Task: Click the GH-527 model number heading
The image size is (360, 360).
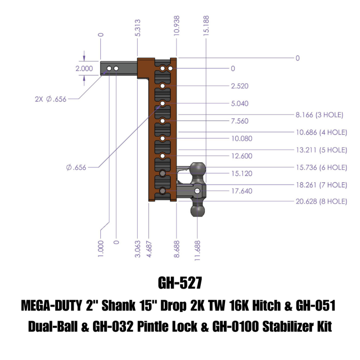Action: pyautogui.click(x=180, y=283)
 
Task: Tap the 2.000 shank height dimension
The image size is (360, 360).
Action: pyautogui.click(x=84, y=69)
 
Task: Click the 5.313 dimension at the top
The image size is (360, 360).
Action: pyautogui.click(x=138, y=28)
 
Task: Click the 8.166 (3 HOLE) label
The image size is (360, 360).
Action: pyautogui.click(x=319, y=115)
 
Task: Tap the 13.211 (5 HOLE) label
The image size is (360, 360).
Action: pyautogui.click(x=321, y=150)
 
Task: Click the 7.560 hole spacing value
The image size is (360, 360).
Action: pyautogui.click(x=240, y=121)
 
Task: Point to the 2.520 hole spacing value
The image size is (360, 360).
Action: pyautogui.click(x=240, y=86)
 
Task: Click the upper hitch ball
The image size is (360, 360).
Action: pyautogui.click(x=198, y=170)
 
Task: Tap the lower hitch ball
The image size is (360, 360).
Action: pyautogui.click(x=198, y=210)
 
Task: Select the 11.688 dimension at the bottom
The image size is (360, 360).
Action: pyautogui.click(x=198, y=248)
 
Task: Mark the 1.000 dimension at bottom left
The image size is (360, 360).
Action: pyautogui.click(x=100, y=248)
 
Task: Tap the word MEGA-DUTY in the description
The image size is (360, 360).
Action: pyautogui.click(x=51, y=306)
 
